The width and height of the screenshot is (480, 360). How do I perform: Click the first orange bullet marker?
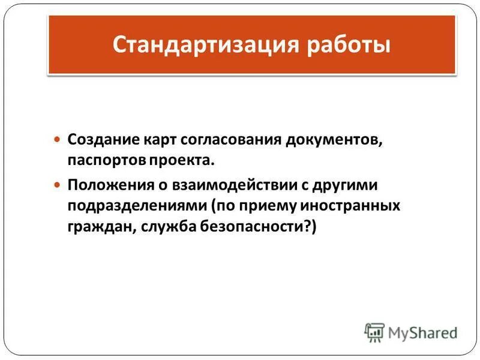tap(58, 139)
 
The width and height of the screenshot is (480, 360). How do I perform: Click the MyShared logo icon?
tap(374, 332)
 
